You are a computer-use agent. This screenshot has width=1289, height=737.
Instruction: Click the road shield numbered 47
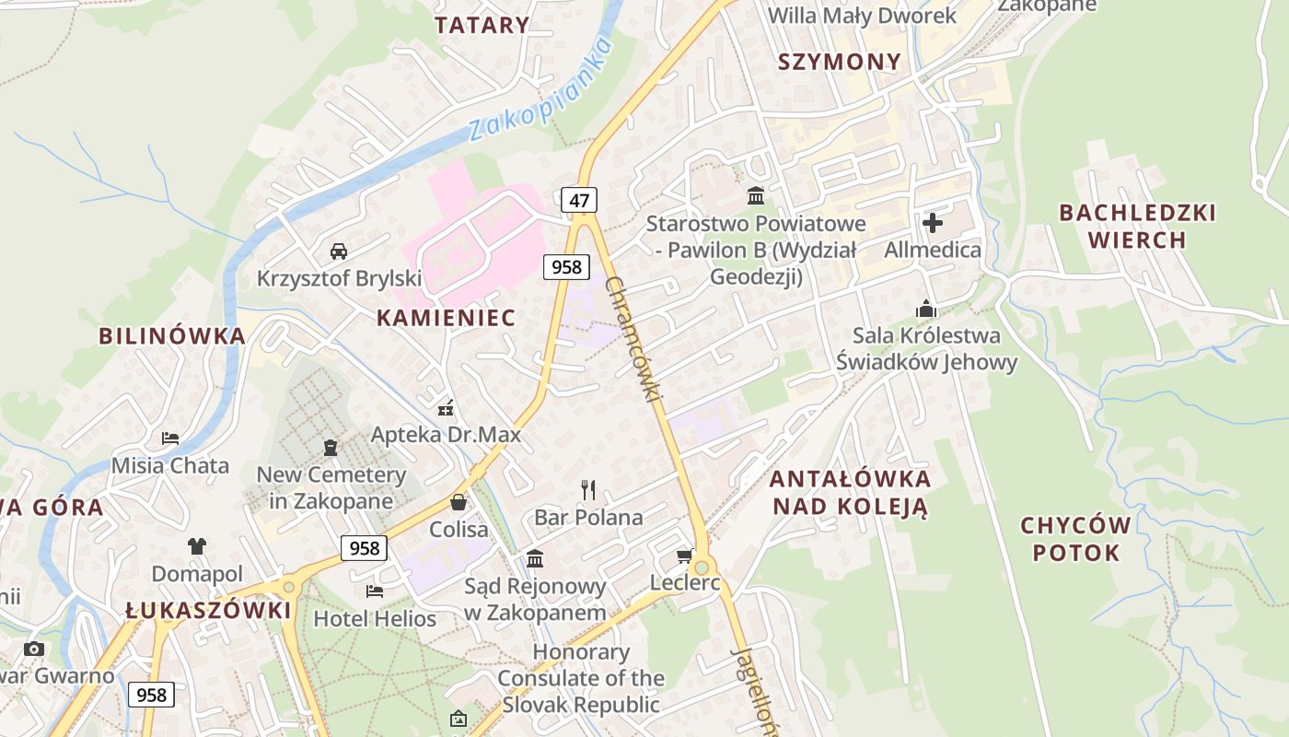(x=578, y=200)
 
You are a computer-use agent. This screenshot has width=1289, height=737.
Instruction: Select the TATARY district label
(x=482, y=25)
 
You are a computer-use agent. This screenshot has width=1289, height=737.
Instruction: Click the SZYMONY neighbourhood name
(x=839, y=62)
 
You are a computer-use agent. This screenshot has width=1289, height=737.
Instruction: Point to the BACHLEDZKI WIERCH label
(x=1137, y=227)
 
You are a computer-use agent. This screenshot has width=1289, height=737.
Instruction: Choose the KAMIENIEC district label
(x=446, y=318)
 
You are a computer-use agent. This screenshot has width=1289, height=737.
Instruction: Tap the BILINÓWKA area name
(x=172, y=335)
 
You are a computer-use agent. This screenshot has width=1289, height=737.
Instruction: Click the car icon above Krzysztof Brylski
(x=339, y=251)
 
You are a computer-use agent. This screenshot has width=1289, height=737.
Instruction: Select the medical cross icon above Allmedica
(x=933, y=223)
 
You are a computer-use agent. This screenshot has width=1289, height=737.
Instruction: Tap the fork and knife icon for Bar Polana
(x=588, y=489)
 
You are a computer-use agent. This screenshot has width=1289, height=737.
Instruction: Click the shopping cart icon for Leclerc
(x=684, y=555)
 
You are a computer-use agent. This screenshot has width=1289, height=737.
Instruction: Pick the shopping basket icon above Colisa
(x=459, y=502)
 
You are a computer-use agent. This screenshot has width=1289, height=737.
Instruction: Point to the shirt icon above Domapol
(x=197, y=545)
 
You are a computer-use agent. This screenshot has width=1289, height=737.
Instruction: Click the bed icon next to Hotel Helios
(x=374, y=591)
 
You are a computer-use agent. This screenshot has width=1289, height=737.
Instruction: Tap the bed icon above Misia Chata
(x=170, y=438)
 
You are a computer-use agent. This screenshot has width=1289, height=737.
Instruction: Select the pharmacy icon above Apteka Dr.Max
(x=446, y=407)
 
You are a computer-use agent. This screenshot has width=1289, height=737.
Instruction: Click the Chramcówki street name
(x=634, y=339)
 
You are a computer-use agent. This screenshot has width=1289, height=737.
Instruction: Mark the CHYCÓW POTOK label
(x=1075, y=539)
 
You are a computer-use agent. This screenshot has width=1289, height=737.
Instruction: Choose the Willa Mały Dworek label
(x=862, y=15)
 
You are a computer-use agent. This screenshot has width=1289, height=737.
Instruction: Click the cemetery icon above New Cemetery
(x=331, y=448)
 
